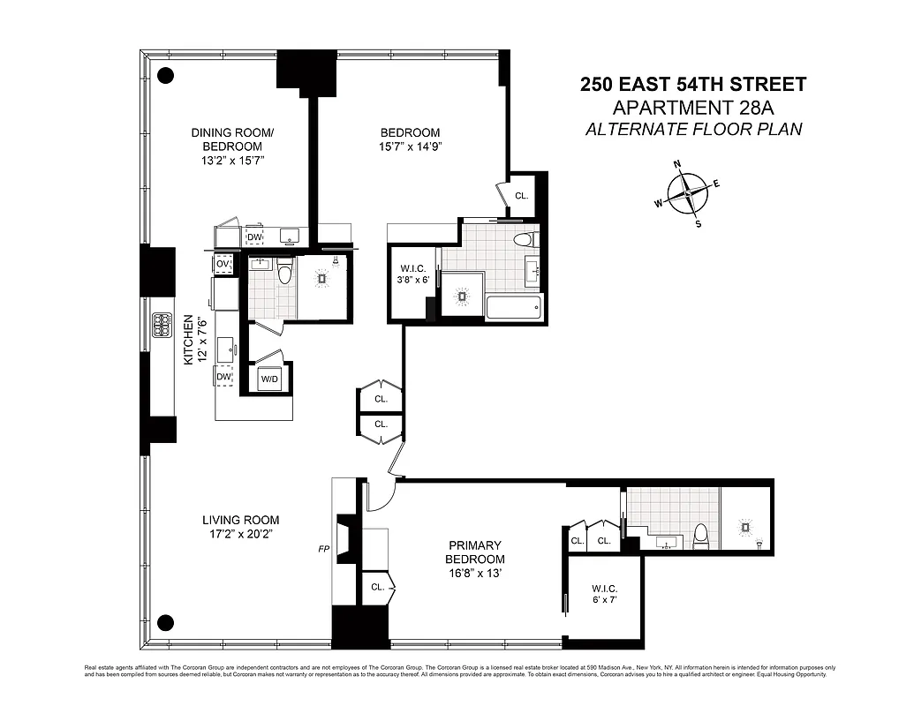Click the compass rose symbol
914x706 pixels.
(686, 193)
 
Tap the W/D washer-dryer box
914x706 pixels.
(269, 379)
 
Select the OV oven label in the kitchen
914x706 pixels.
(223, 264)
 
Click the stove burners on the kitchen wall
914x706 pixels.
(162, 326)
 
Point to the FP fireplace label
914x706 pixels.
(324, 548)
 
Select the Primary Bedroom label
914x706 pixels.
(475, 552)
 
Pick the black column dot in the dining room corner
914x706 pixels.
(164, 75)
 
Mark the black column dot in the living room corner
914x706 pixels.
(164, 620)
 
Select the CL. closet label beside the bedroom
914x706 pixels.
(521, 196)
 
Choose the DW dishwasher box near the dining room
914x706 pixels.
(254, 237)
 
